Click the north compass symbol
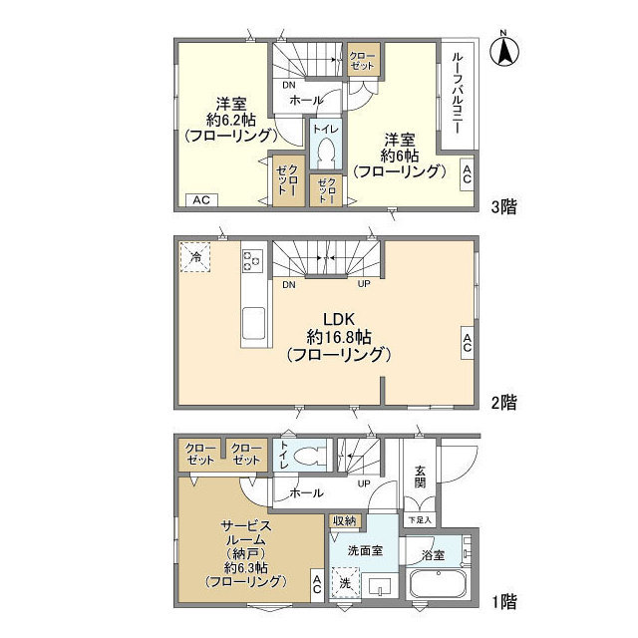tap(504, 51)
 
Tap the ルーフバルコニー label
tap(458, 93)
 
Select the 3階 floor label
tap(503, 207)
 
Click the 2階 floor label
tap(503, 403)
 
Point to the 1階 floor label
tap(504, 601)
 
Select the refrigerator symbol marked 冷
tap(195, 257)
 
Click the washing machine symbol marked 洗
tap(345, 582)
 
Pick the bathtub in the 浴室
tap(438, 583)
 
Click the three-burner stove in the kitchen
tap(252, 261)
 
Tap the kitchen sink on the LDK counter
tap(254, 323)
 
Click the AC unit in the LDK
tap(468, 343)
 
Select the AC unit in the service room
tap(317, 585)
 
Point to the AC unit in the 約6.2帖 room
tap(201, 200)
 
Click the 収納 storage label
tap(345, 520)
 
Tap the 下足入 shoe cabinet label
tap(420, 520)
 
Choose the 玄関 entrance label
tap(421, 477)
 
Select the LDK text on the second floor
tap(339, 319)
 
